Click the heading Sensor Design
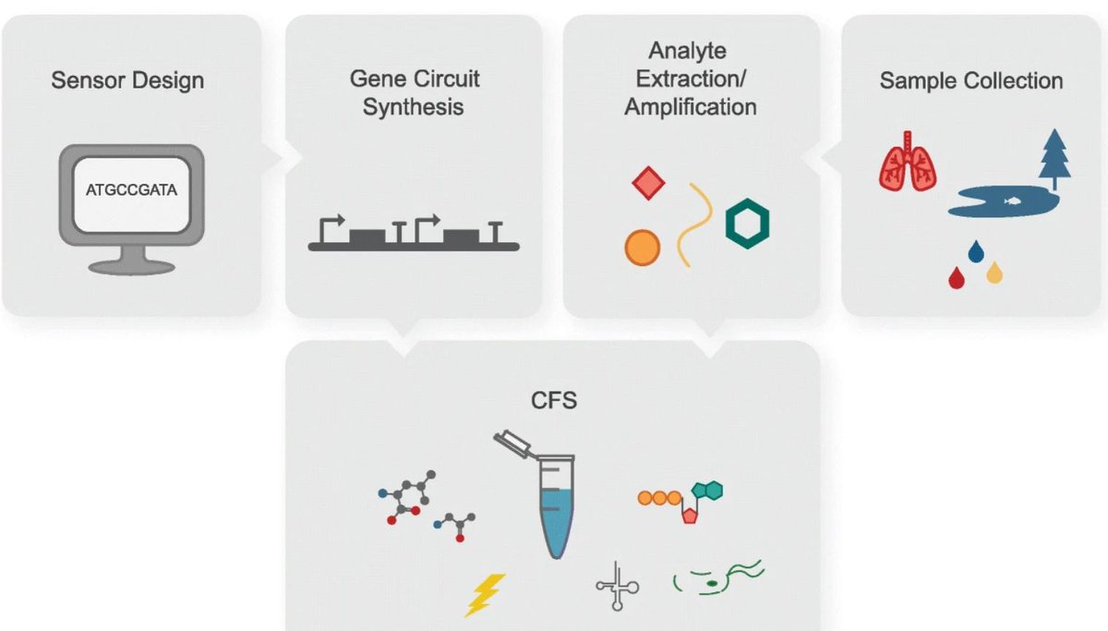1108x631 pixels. [127, 80]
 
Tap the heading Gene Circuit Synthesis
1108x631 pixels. [414, 92]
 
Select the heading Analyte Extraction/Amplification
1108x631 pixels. [690, 79]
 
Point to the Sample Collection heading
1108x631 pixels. [970, 80]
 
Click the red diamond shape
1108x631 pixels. [649, 183]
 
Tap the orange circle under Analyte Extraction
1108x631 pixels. [643, 247]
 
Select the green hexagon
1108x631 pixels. [747, 223]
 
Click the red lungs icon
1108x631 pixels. [908, 163]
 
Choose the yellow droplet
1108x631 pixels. [994, 273]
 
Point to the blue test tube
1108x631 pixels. [552, 517]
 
